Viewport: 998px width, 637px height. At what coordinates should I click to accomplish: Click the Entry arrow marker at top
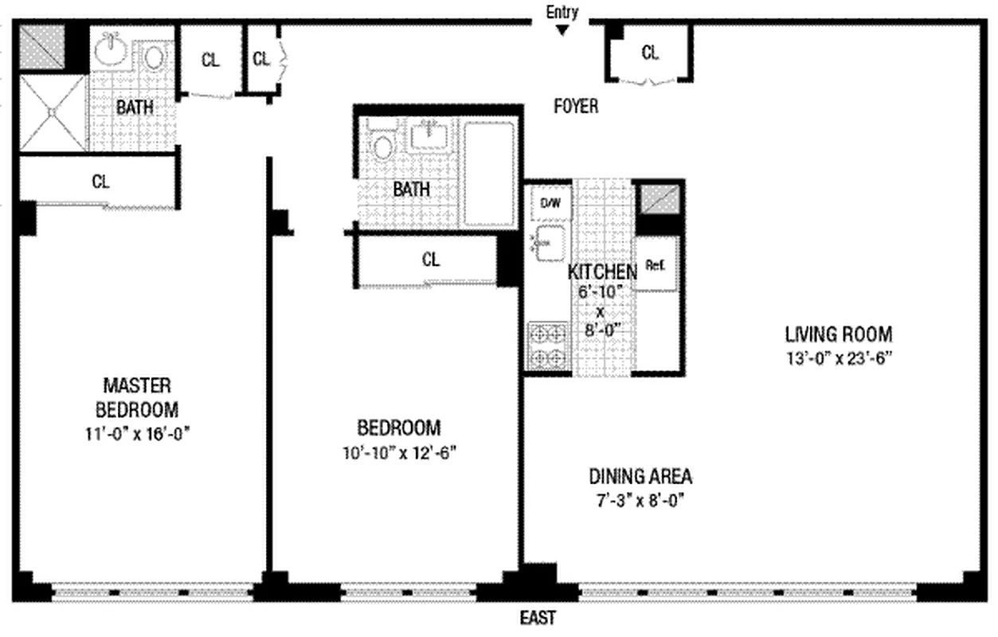pyautogui.click(x=562, y=30)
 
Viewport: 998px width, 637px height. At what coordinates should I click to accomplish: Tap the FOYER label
pyautogui.click(x=576, y=106)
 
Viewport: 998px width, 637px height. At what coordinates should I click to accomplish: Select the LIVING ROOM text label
pyautogui.click(x=839, y=334)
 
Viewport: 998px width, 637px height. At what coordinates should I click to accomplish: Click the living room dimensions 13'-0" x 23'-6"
pyautogui.click(x=839, y=358)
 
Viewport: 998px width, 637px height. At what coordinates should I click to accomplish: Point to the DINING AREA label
pyautogui.click(x=640, y=477)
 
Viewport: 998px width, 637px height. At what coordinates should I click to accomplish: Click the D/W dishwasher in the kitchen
pyautogui.click(x=551, y=202)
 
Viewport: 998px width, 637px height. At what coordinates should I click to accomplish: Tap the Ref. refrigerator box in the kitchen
pyautogui.click(x=656, y=264)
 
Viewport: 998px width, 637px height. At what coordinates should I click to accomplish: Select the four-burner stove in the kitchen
pyautogui.click(x=548, y=345)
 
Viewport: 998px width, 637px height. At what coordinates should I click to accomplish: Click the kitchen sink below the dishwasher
pyautogui.click(x=550, y=241)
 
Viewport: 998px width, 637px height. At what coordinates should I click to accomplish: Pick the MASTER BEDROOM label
pyautogui.click(x=137, y=397)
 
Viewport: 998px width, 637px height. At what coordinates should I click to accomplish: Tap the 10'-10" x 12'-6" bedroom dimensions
pyautogui.click(x=399, y=452)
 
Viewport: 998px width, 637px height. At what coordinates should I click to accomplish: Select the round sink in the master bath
pyautogui.click(x=110, y=50)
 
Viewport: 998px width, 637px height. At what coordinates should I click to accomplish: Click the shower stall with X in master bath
pyautogui.click(x=52, y=112)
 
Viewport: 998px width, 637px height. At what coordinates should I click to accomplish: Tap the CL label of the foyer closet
pyautogui.click(x=650, y=53)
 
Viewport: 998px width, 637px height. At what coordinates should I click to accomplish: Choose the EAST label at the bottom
pyautogui.click(x=538, y=618)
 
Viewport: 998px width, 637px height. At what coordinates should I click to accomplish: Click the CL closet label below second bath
pyautogui.click(x=431, y=260)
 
